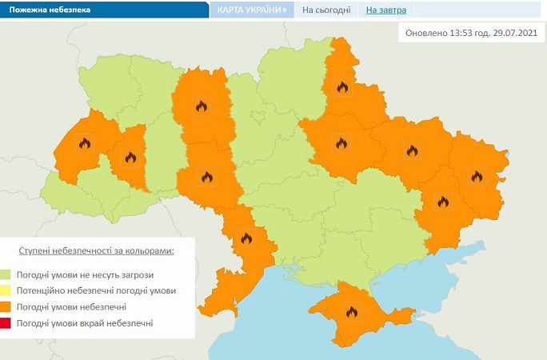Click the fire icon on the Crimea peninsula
pos(350,312)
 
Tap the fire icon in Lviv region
pos(84,144)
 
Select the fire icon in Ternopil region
pos(129,157)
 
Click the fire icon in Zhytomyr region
pos(201,106)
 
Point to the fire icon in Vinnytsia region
pos(206,177)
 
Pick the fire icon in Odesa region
pos(246,238)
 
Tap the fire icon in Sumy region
pos(343,86)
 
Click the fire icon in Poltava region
pos(341,144)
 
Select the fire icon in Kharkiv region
pos(412,150)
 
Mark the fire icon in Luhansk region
pos(477,176)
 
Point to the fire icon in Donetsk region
pos(442,202)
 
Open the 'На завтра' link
pos(386,10)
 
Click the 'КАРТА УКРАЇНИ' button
pos(251,10)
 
